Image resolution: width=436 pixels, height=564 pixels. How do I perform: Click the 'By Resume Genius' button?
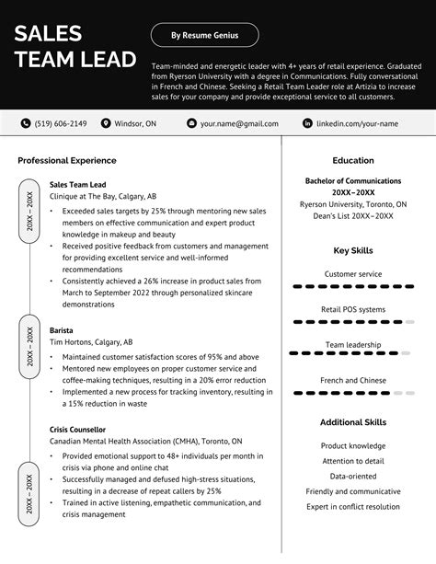click(x=204, y=36)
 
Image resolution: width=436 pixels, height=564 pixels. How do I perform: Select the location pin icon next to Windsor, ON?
click(x=106, y=122)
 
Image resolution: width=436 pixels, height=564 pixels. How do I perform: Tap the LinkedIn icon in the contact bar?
click(x=307, y=122)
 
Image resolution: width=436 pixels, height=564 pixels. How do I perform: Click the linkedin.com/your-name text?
click(x=361, y=122)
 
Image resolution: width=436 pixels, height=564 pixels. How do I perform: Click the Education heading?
click(x=353, y=160)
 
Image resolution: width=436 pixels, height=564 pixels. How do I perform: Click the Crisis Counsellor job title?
click(x=77, y=429)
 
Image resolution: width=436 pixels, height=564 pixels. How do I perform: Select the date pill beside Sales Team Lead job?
click(x=29, y=211)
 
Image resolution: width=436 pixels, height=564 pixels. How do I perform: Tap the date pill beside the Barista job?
click(x=29, y=346)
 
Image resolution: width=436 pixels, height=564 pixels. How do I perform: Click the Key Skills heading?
click(x=353, y=249)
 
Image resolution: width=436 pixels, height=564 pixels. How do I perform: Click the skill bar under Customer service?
click(x=353, y=287)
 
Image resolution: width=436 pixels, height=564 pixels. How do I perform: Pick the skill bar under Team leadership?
click(x=353, y=353)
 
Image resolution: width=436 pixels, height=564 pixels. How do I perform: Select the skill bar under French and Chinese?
click(x=353, y=393)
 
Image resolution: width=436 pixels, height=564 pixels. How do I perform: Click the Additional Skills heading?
click(x=353, y=421)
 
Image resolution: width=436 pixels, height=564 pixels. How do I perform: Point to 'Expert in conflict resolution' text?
click(x=353, y=506)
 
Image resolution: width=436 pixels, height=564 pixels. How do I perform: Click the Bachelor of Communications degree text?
click(x=353, y=181)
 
